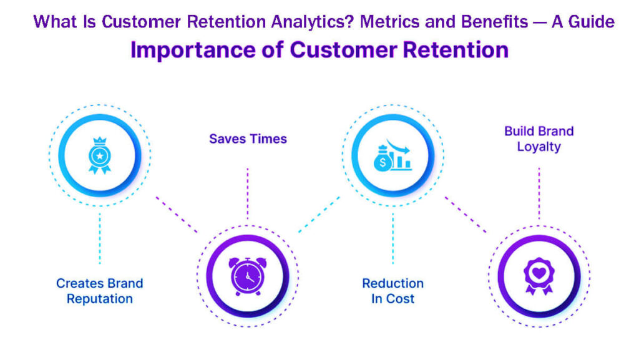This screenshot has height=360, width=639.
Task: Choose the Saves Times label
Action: [248, 139]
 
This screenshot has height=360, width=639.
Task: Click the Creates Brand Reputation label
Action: [100, 291]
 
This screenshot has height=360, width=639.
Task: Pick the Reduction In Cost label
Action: [393, 291]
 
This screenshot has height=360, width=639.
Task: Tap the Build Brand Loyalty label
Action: [539, 139]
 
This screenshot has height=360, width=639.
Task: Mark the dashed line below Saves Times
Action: [248, 193]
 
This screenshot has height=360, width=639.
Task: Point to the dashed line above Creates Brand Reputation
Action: [100, 237]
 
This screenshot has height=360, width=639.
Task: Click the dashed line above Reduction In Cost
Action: [393, 237]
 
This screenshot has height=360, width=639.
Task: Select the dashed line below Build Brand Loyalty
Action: [539, 193]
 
